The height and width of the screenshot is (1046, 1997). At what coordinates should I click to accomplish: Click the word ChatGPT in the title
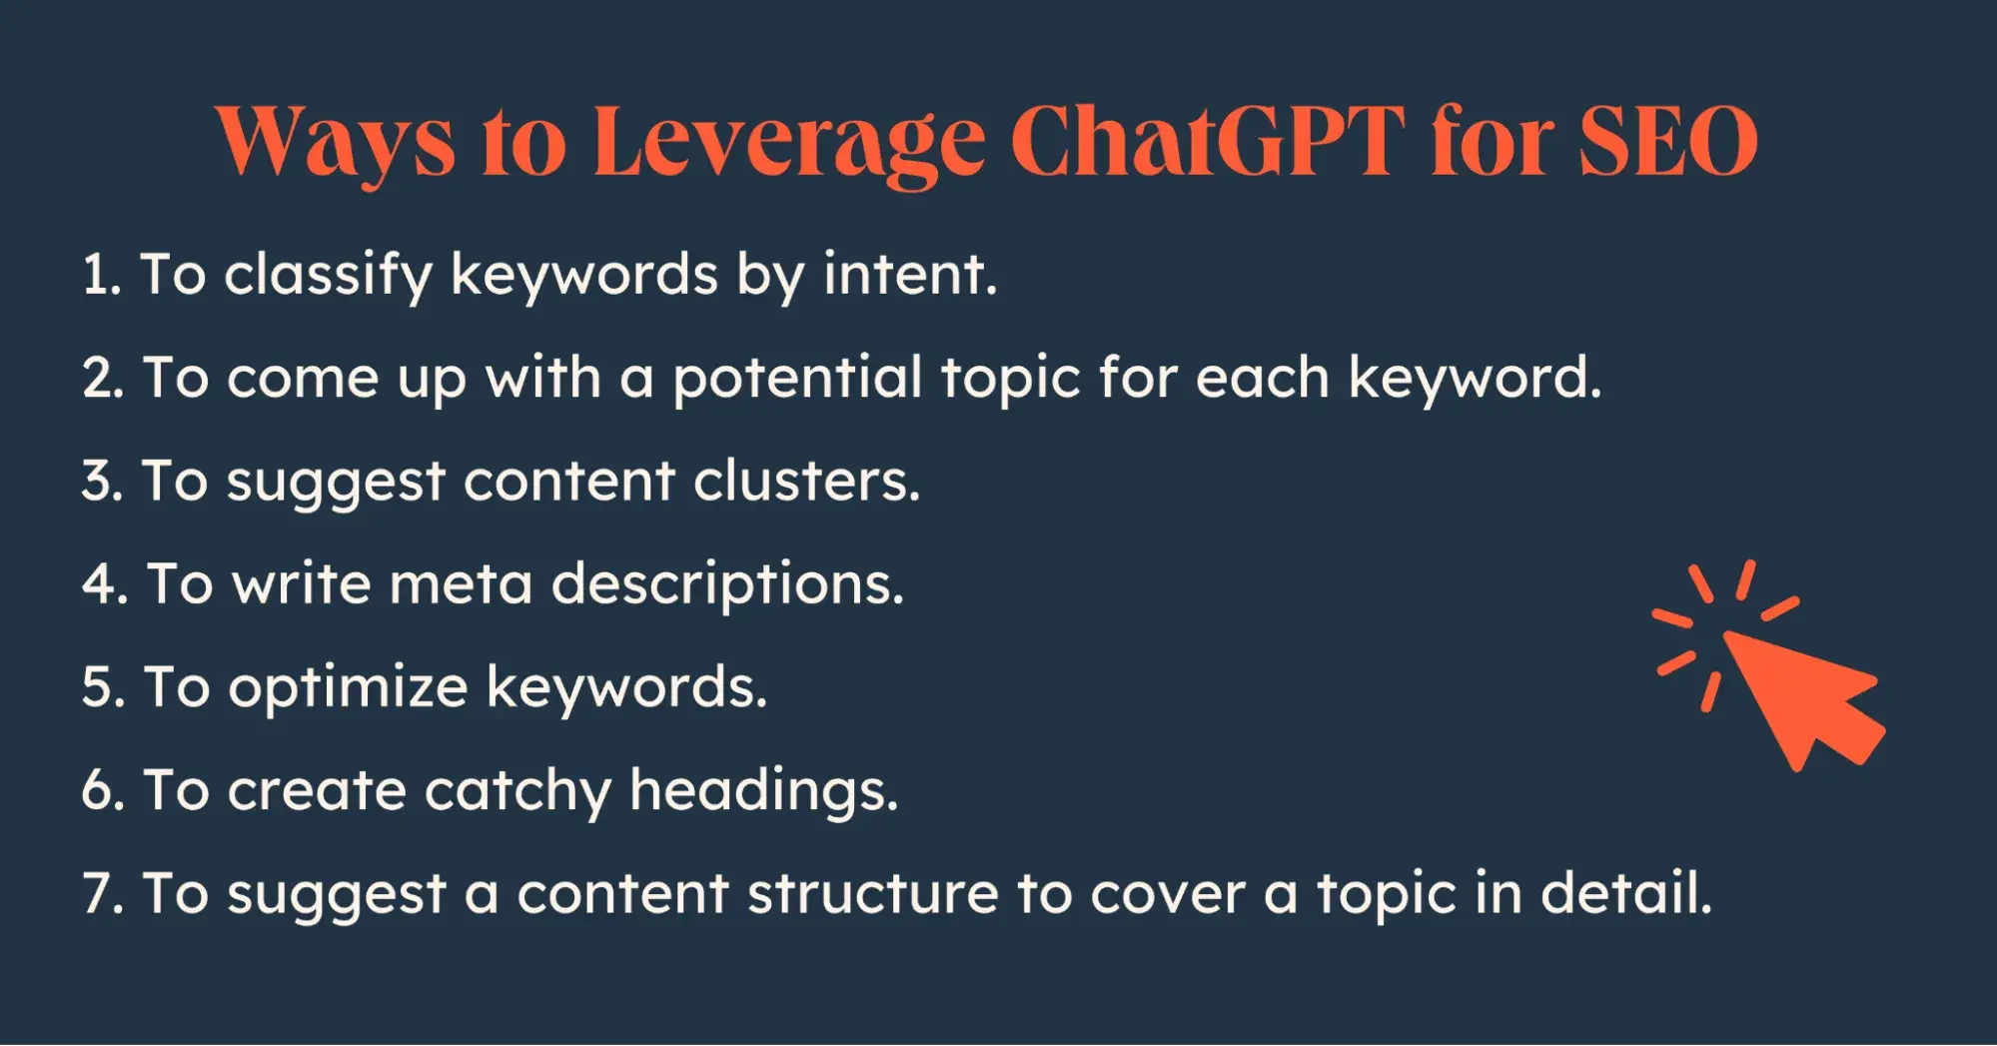[1208, 140]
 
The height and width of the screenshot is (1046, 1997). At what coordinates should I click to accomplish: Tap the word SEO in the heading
[1668, 140]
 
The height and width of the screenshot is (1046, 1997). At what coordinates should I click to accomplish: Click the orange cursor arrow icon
[1768, 665]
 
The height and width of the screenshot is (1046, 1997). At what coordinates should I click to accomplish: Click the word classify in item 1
[328, 275]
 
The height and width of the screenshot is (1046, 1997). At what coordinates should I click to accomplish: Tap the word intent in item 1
[910, 275]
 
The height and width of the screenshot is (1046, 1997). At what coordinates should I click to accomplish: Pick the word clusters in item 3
[806, 481]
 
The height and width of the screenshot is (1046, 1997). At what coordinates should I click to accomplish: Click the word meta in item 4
[461, 584]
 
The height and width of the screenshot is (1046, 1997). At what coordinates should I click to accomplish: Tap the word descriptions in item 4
[727, 586]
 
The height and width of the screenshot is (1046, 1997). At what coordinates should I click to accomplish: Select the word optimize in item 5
[348, 689]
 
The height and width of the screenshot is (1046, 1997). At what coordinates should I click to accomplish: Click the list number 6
[103, 790]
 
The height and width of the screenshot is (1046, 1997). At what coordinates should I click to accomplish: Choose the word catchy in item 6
[517, 792]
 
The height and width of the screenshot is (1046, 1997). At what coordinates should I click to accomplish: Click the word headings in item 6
[764, 792]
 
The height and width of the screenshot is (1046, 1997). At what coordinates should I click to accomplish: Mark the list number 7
[103, 893]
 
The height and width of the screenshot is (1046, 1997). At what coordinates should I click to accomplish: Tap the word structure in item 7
[873, 893]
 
